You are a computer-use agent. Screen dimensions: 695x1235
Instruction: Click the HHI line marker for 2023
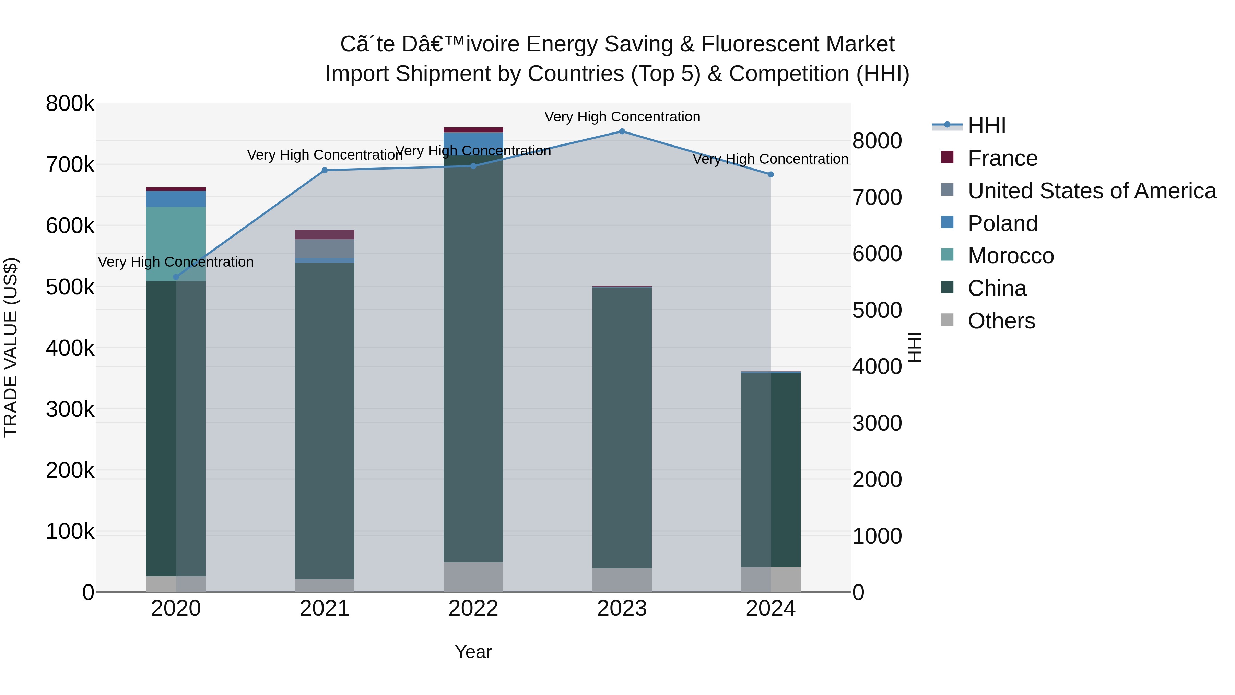coord(622,131)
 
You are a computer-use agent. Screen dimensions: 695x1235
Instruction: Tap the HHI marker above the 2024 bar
coord(771,175)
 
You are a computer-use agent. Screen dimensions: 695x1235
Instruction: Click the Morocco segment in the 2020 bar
coord(176,244)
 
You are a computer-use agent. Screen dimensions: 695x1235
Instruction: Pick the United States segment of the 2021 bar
coord(325,248)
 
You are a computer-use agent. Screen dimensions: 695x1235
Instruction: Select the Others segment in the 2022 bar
coord(473,577)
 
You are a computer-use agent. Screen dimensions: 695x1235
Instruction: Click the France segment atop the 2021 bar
coord(325,234)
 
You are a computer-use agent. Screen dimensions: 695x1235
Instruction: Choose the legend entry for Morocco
coord(1011,256)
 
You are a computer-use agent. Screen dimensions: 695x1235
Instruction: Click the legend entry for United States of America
coord(1092,191)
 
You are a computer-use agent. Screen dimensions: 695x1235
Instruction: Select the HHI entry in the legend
coord(987,126)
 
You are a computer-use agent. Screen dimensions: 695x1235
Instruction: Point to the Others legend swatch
coord(947,320)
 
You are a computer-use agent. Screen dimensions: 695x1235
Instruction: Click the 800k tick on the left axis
coord(70,104)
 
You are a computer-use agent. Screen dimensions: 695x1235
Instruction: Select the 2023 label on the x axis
coord(622,609)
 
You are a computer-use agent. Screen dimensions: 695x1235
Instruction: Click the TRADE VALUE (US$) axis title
coord(11,347)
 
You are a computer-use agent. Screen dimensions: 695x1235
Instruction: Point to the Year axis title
coord(473,652)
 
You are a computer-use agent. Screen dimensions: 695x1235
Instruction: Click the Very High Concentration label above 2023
coord(622,117)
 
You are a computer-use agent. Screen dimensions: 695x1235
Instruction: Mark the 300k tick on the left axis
coord(70,409)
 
